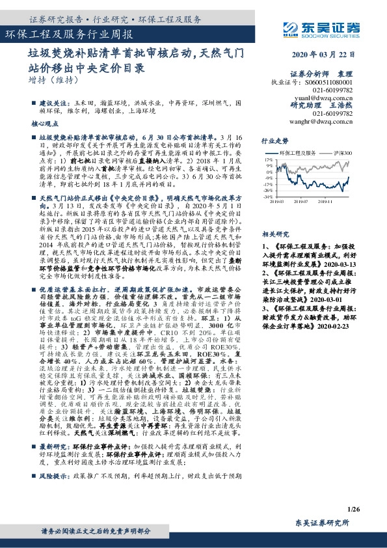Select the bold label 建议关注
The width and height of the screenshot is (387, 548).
coord(55,103)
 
